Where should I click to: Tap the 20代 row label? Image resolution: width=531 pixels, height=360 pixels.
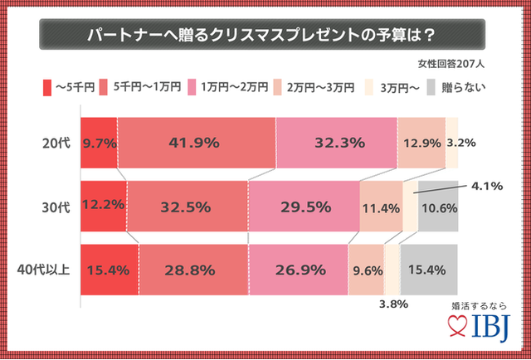pyautogui.click(x=51, y=143)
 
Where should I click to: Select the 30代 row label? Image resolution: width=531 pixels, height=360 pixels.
pyautogui.click(x=51, y=206)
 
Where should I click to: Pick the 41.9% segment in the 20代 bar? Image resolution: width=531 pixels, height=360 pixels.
pyautogui.click(x=196, y=143)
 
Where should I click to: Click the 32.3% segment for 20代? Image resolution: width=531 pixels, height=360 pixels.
pyautogui.click(x=338, y=143)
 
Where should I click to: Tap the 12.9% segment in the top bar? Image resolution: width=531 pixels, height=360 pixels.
pyautogui.click(x=421, y=143)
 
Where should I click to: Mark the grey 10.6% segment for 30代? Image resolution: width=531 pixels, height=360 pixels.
pyautogui.click(x=439, y=206)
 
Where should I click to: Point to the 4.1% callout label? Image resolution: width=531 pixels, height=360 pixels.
pyautogui.click(x=486, y=187)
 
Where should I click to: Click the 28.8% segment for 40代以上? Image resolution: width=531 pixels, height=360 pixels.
pyautogui.click(x=193, y=270)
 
